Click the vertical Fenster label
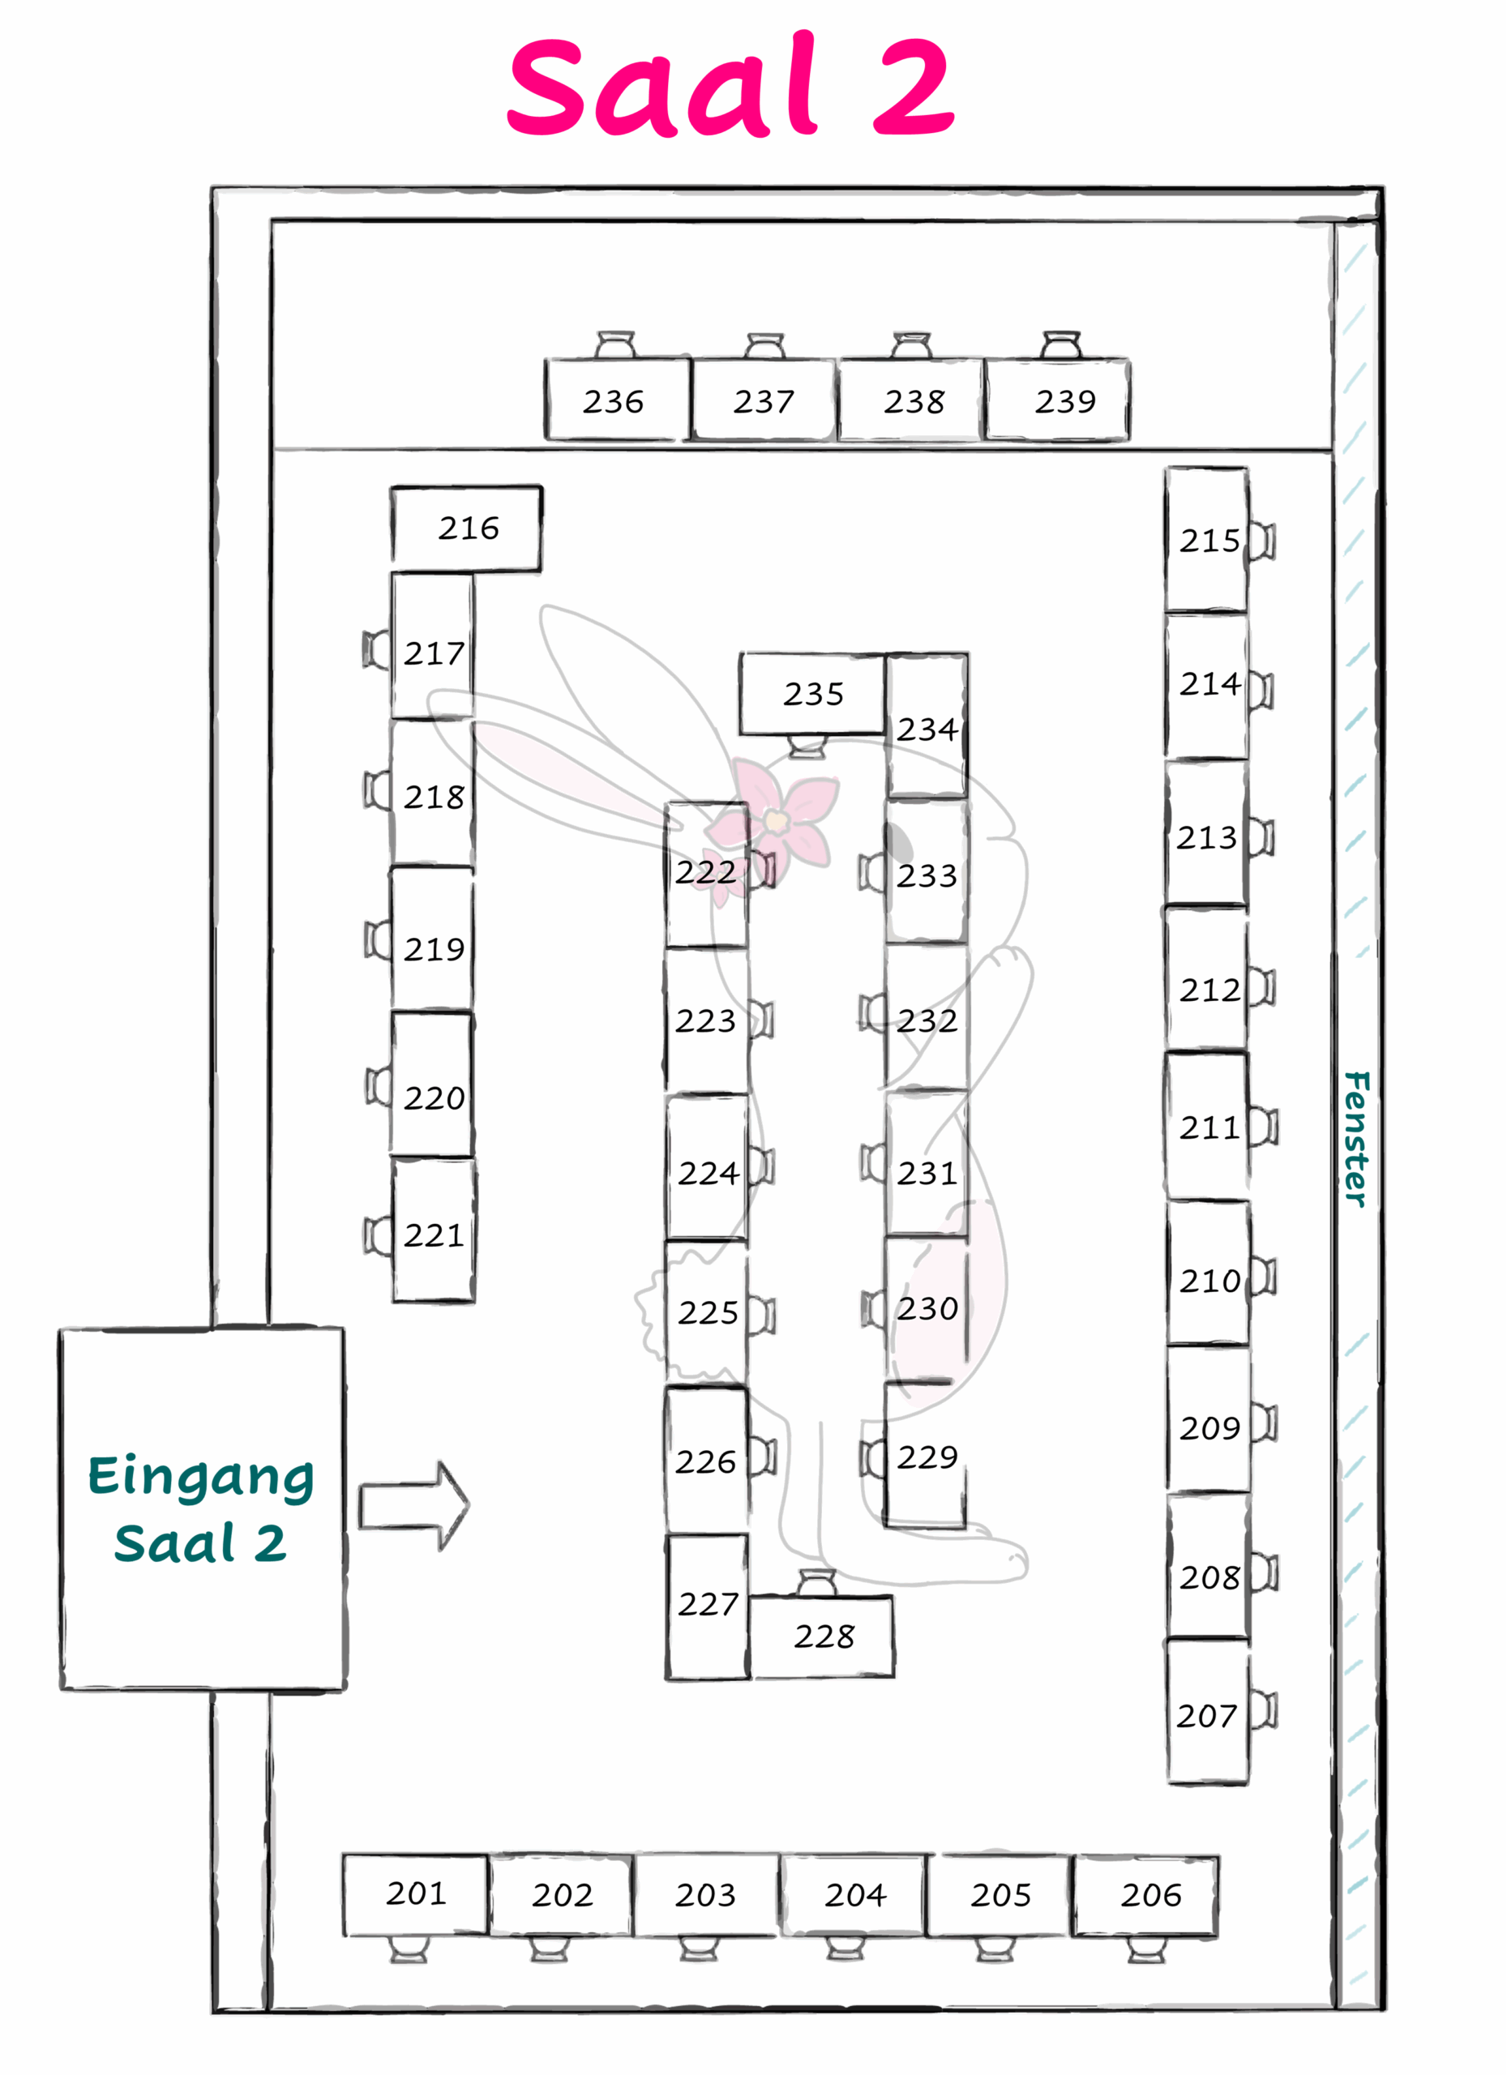coord(1356,1139)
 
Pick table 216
coord(467,528)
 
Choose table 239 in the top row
coord(1057,400)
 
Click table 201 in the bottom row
coord(415,1894)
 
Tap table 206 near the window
coord(1145,1896)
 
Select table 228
coord(822,1636)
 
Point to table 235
coord(812,694)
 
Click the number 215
coord(1209,541)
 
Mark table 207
coord(1208,1712)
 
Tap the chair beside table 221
coord(378,1235)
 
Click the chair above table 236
coord(616,345)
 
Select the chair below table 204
coord(846,1949)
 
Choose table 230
coord(926,1308)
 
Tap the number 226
coord(705,1462)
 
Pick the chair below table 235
coord(808,747)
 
